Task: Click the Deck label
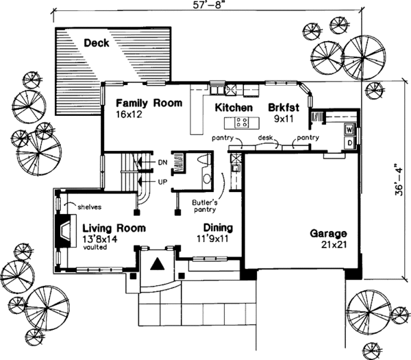tap(96, 43)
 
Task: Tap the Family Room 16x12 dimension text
tap(129, 115)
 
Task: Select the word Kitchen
tap(234, 108)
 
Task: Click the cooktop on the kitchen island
tap(241, 123)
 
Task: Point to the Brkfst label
tap(284, 108)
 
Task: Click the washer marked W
tap(350, 130)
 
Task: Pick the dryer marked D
tap(350, 143)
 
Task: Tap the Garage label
tap(328, 234)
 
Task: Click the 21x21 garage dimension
tap(334, 245)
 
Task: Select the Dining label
tap(218, 228)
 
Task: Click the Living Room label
tap(114, 228)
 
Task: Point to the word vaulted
tap(95, 247)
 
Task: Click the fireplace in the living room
tap(66, 231)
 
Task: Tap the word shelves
tap(89, 207)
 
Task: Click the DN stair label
tap(162, 163)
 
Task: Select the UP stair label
tap(162, 182)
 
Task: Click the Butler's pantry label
tap(205, 206)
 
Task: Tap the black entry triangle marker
tap(158, 264)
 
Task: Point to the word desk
tap(265, 138)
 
